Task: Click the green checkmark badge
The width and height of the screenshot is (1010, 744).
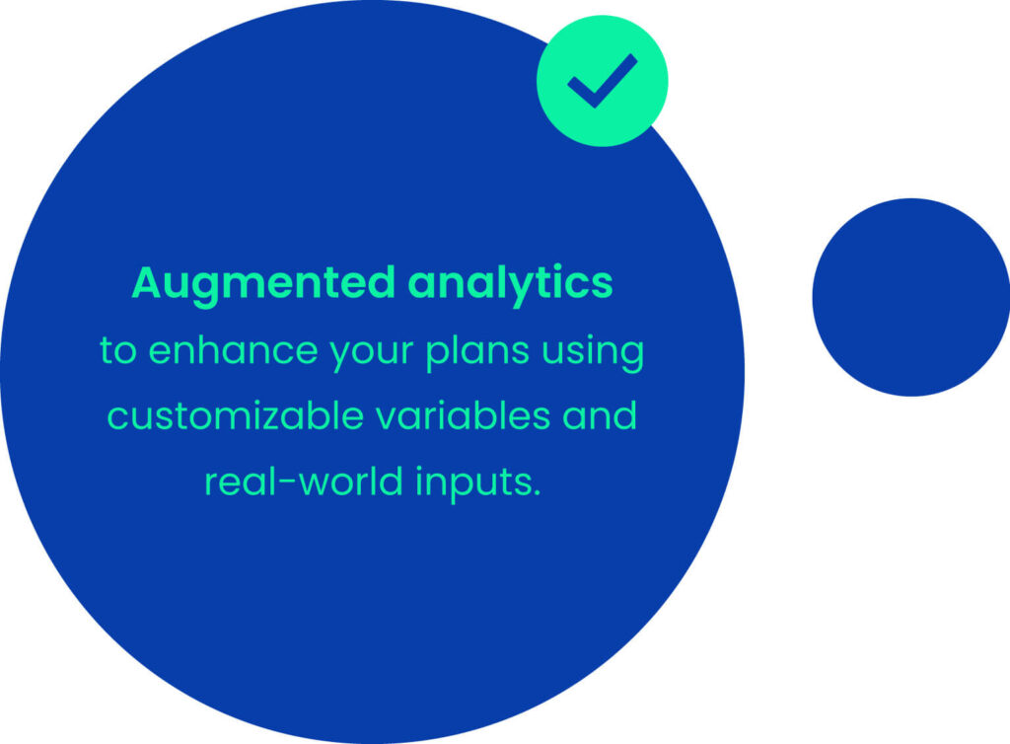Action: pos(603,81)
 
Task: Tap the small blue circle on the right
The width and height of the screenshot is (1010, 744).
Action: pos(911,297)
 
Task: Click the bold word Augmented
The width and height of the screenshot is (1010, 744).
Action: pos(262,283)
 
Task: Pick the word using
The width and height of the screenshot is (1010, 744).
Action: pos(593,353)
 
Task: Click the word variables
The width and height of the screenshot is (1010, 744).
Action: pos(464,414)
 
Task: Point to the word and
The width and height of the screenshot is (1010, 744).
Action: pos(600,414)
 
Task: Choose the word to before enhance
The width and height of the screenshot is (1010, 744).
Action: pos(118,351)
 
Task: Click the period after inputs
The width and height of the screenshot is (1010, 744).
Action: pos(537,493)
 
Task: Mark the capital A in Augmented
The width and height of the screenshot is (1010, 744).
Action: pos(146,282)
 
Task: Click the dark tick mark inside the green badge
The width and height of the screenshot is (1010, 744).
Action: pos(603,81)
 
